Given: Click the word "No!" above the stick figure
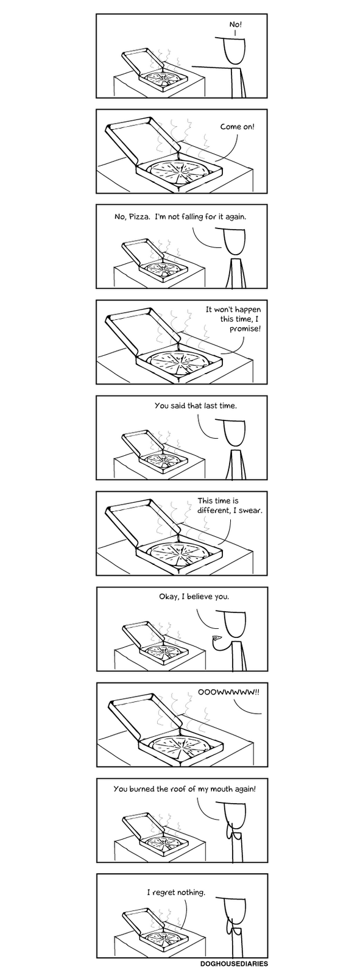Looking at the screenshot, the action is [236, 24].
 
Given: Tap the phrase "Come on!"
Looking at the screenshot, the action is [237, 127].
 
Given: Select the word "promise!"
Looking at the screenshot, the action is [245, 328].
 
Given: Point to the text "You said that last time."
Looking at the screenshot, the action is [196, 406].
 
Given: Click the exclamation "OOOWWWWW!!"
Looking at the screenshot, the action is [228, 692].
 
